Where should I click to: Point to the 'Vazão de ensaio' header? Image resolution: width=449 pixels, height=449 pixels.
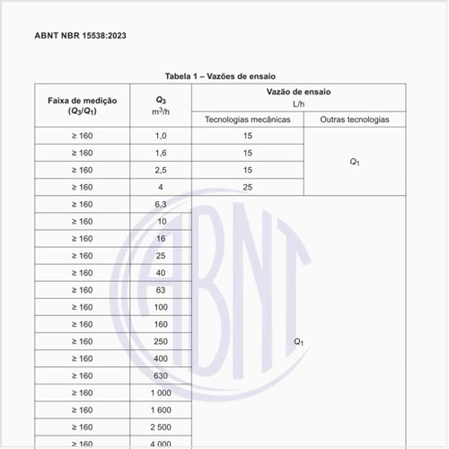tap(301, 92)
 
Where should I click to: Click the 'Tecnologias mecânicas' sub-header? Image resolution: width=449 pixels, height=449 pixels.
tap(247, 119)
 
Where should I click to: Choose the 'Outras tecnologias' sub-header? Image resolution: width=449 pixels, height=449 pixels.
tap(354, 119)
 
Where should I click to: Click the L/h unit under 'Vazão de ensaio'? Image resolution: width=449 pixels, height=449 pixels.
tap(301, 104)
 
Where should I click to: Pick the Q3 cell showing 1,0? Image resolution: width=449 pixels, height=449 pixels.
tap(162, 136)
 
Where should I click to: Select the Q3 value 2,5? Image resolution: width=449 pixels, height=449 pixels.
tap(162, 170)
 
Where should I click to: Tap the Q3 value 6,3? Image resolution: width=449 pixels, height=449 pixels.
tap(162, 204)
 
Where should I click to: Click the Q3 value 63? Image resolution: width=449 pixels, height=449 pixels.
tap(162, 290)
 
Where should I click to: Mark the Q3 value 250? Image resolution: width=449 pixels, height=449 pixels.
tap(162, 341)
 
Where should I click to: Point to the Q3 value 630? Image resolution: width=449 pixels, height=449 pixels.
tap(162, 375)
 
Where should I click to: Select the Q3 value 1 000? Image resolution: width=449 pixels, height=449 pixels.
tap(162, 392)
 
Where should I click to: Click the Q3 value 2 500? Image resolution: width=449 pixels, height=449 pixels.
tap(162, 427)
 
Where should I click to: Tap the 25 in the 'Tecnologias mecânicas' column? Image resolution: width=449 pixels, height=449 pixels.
tap(247, 187)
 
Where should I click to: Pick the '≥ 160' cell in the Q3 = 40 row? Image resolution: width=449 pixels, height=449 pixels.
tap(82, 273)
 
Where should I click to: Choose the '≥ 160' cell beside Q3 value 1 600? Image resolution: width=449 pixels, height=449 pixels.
tap(82, 409)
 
